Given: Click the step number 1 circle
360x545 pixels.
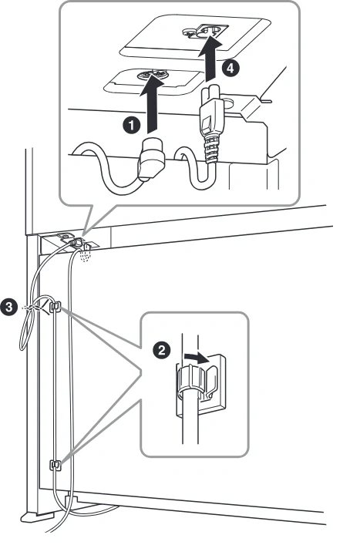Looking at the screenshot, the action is click(131, 125).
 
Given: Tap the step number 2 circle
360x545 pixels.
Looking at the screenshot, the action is click(162, 349).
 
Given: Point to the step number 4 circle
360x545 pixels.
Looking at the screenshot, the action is click(230, 68).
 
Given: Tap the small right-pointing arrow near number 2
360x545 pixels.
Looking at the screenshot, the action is click(197, 358).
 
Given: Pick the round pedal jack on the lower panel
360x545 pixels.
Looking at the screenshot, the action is click(152, 74).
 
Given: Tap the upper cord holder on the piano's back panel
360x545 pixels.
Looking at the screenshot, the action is click(56, 307).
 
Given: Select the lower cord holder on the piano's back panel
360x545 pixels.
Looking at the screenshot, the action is click(56, 464).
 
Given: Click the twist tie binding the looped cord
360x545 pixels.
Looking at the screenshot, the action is click(35, 308).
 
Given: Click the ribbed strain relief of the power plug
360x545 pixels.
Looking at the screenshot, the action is click(212, 149).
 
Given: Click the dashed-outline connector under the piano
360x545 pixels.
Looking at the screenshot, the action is click(85, 254).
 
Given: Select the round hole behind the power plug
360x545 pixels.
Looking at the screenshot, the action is click(228, 103).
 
